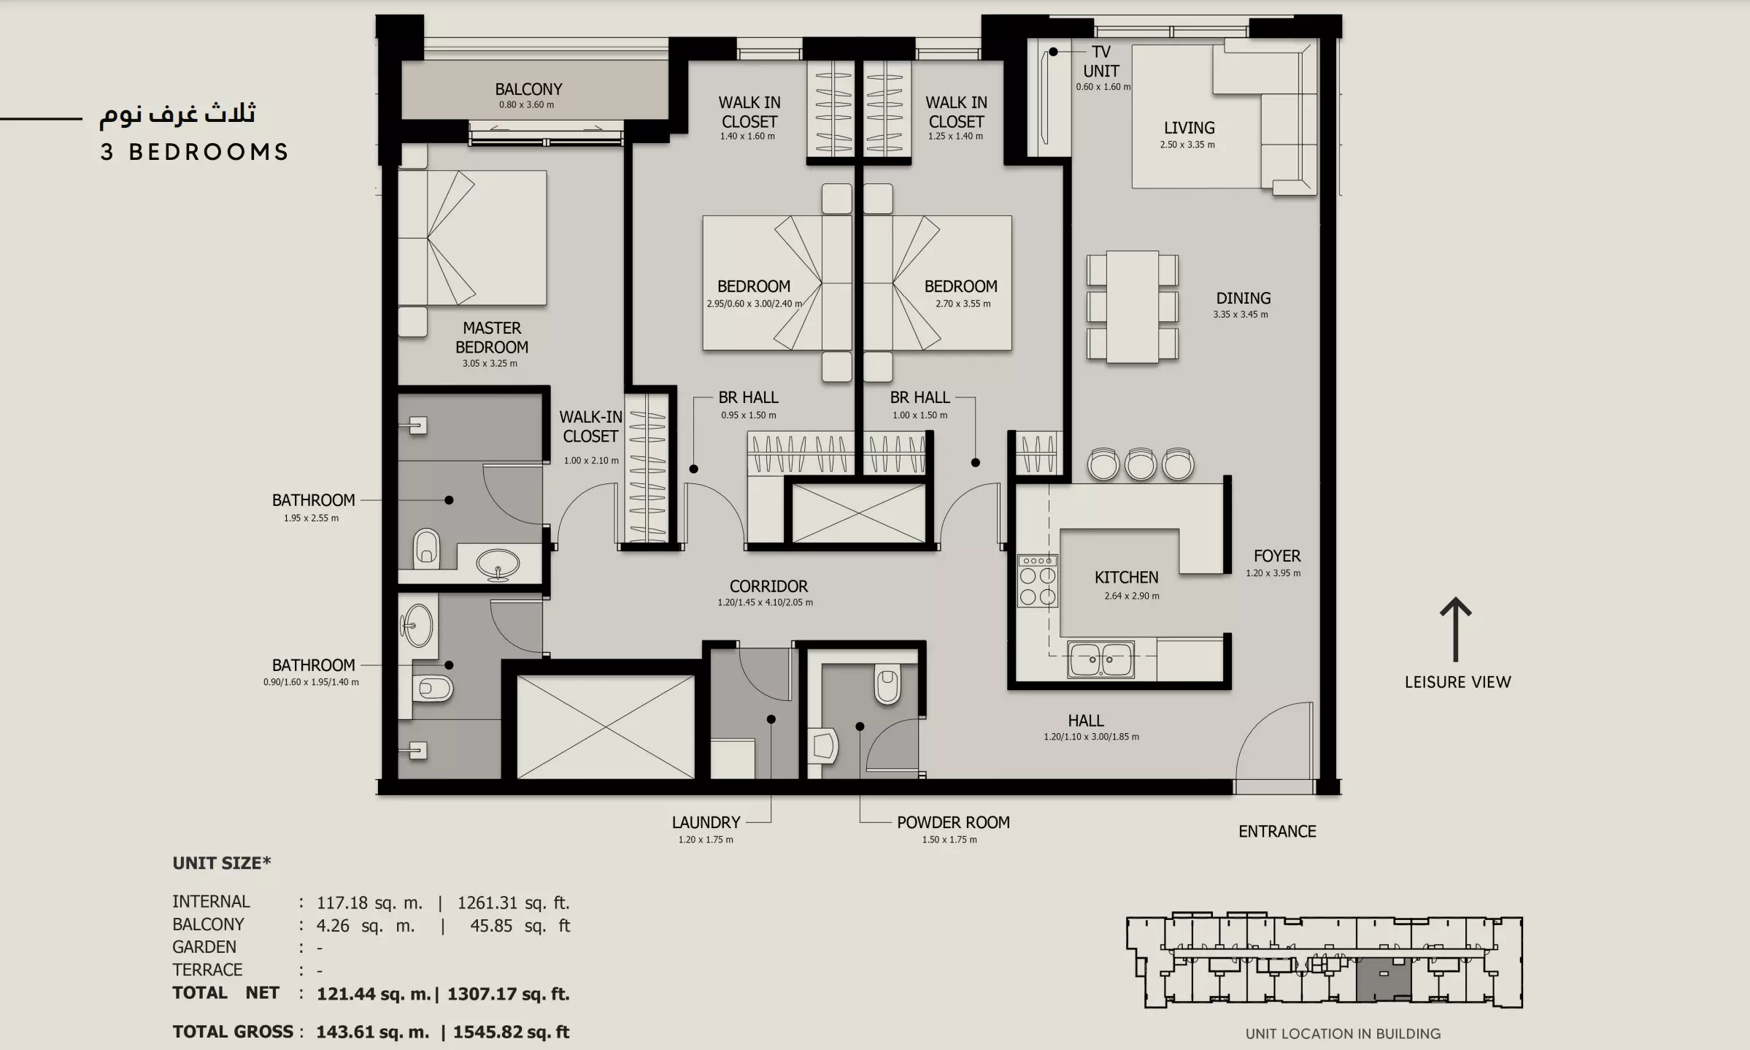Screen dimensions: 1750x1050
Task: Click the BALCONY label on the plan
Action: [528, 89]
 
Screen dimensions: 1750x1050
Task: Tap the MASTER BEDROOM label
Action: [492, 337]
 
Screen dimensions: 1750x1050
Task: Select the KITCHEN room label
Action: [1126, 578]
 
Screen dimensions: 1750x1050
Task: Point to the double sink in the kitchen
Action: [1101, 659]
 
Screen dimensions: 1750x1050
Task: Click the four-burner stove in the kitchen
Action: [1038, 580]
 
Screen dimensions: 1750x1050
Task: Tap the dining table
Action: [1133, 307]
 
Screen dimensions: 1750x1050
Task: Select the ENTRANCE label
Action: [1277, 832]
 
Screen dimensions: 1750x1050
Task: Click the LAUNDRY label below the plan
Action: [706, 822]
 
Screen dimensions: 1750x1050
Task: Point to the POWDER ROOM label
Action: [953, 822]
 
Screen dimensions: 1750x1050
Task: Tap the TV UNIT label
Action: [1101, 61]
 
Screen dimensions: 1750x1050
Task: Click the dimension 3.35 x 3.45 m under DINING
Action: [1241, 315]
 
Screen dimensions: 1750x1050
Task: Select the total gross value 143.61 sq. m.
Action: [372, 1032]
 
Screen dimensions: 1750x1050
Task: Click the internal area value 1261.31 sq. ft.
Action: [513, 903]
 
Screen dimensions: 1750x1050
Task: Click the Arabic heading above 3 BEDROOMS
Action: [177, 114]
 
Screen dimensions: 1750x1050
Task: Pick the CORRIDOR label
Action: [768, 586]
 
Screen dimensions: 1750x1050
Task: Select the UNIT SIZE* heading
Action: [222, 863]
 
